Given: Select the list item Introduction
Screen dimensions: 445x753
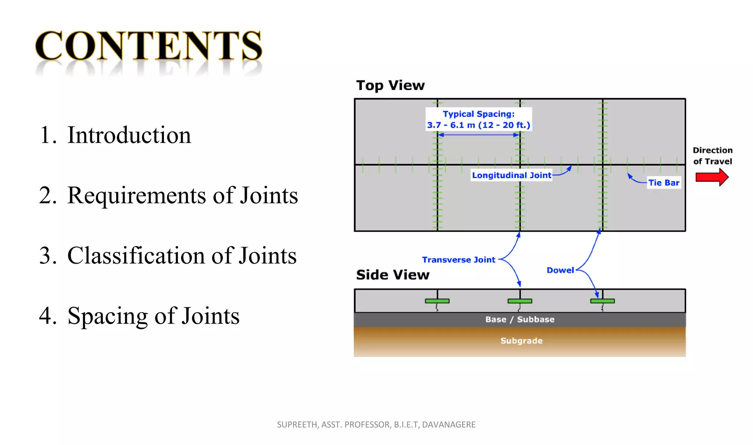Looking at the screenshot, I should pyautogui.click(x=129, y=135).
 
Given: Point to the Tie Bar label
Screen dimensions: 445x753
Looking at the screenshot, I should pyautogui.click(x=664, y=183).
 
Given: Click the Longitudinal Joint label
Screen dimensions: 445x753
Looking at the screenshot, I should pyautogui.click(x=511, y=175).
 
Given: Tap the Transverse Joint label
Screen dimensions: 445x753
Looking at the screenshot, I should pyautogui.click(x=458, y=260).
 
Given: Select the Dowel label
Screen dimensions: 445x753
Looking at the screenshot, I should pyautogui.click(x=560, y=270).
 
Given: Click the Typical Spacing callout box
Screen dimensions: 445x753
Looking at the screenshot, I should pyautogui.click(x=478, y=120).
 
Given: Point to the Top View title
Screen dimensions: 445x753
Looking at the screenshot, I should pyautogui.click(x=390, y=85).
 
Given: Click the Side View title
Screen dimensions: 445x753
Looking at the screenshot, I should pyautogui.click(x=393, y=275).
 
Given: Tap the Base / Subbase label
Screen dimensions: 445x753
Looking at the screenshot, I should pyautogui.click(x=520, y=320).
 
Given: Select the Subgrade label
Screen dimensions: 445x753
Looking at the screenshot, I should pyautogui.click(x=521, y=341).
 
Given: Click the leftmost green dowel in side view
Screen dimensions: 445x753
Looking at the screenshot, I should pyautogui.click(x=437, y=301).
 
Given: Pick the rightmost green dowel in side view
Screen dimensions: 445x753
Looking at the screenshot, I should pyautogui.click(x=602, y=301).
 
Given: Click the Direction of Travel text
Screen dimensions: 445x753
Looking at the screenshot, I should pyautogui.click(x=713, y=156).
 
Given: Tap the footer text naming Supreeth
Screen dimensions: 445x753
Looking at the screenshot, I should pyautogui.click(x=376, y=425).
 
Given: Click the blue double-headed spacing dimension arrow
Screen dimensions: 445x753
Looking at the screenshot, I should pyautogui.click(x=478, y=135).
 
